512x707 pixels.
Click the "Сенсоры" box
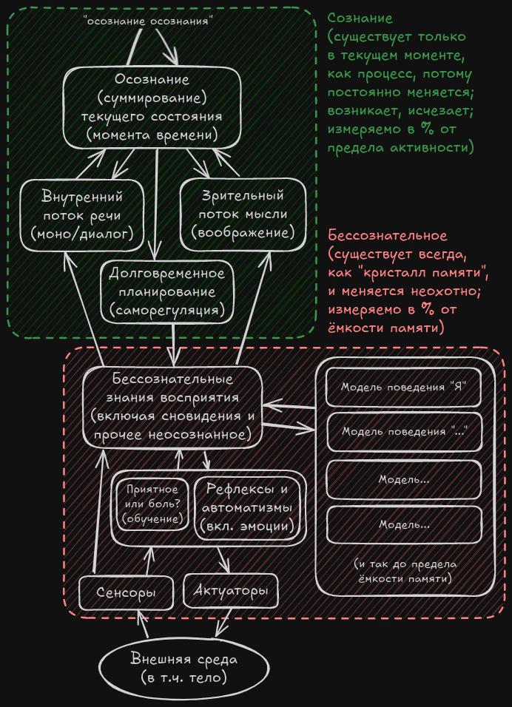point(126,593)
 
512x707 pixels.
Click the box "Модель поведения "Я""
point(402,387)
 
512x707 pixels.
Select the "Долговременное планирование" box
point(166,292)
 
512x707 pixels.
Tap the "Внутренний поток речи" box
point(82,214)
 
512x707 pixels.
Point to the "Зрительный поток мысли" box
point(243,214)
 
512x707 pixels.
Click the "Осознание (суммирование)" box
point(152,107)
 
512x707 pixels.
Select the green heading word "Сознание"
point(360,18)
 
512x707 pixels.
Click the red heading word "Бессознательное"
point(388,236)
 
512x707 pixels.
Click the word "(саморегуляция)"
point(166,311)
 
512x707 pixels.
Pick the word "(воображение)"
point(243,232)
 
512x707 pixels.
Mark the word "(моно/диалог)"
point(82,233)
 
